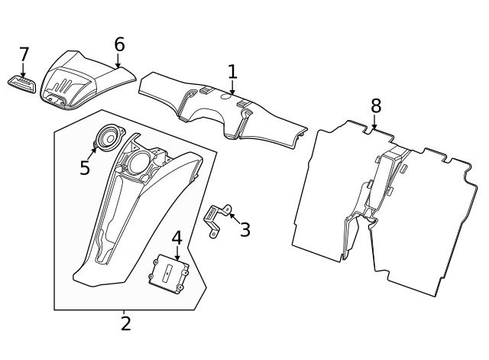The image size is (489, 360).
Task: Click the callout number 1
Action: click(x=232, y=72)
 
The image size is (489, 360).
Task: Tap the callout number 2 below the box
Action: click(x=125, y=323)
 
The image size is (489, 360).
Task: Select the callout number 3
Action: click(x=245, y=229)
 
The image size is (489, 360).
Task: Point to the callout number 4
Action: click(x=176, y=238)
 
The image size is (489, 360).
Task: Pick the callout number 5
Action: click(x=85, y=168)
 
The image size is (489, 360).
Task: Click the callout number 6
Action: click(x=119, y=44)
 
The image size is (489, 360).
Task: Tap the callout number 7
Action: click(x=24, y=54)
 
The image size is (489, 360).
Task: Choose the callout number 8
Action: click(x=376, y=105)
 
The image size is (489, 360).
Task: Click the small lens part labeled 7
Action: click(x=21, y=83)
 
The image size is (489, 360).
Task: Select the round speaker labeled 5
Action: click(x=110, y=138)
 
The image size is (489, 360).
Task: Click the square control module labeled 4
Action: click(x=169, y=274)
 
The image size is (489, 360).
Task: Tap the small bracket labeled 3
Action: click(x=218, y=221)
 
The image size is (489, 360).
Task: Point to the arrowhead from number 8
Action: click(x=374, y=127)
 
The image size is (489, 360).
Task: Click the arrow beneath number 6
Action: click(x=118, y=60)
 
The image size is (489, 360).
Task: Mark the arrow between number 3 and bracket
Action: click(x=235, y=218)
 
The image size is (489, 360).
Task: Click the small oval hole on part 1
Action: click(x=226, y=96)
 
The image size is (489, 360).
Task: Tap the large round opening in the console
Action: click(x=138, y=163)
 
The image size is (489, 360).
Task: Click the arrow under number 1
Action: click(x=232, y=87)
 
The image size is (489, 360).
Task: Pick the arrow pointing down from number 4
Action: click(x=176, y=253)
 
